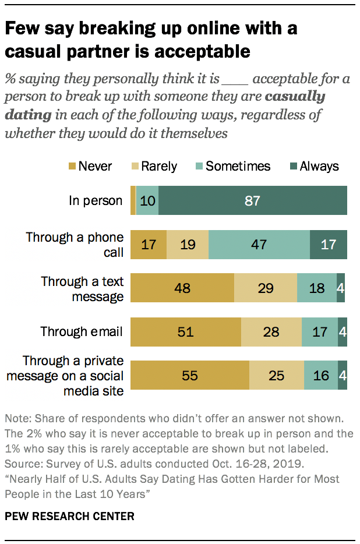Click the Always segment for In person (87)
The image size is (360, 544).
point(252,201)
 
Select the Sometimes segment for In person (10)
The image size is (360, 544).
point(147,201)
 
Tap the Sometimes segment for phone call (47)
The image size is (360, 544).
point(259,244)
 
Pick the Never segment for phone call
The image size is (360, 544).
point(149,244)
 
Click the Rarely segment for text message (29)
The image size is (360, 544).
point(266,288)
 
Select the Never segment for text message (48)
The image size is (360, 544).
point(182,288)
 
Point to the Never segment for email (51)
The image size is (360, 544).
point(185,332)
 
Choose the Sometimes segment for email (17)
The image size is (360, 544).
point(320,332)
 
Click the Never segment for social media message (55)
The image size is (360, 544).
point(190,376)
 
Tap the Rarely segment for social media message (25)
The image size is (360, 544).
point(277,376)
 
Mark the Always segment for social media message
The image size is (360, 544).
point(343,376)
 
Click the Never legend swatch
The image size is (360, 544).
point(72,167)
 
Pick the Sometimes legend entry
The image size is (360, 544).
point(231,167)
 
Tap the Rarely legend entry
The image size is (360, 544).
point(152,167)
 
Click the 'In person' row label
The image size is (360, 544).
point(96,201)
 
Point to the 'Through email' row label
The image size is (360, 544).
point(82,332)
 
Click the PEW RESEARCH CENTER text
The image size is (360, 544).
point(69,516)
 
